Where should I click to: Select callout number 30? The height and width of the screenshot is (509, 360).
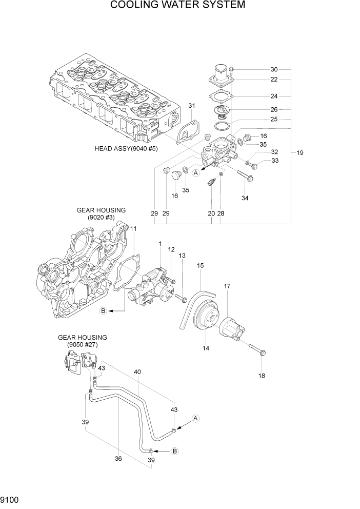click(x=274, y=69)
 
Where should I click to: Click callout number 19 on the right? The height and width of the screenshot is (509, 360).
click(x=300, y=152)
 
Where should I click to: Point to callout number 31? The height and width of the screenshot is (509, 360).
click(x=192, y=106)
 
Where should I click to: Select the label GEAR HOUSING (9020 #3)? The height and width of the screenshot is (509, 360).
click(x=101, y=213)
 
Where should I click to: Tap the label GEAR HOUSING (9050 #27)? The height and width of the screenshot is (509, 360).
click(x=82, y=341)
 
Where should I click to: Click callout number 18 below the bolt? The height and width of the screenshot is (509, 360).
click(x=262, y=375)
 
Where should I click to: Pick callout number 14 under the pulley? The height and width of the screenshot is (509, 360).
click(x=205, y=348)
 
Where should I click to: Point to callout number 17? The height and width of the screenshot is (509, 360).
click(x=227, y=286)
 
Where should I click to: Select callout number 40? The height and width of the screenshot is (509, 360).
click(x=137, y=371)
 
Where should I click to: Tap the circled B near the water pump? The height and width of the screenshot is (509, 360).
click(x=103, y=311)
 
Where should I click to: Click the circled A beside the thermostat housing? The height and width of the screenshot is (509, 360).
click(x=196, y=173)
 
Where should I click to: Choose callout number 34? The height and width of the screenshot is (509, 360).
click(x=245, y=198)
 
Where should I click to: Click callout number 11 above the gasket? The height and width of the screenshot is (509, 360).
click(x=133, y=228)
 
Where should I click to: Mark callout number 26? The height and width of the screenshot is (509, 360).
click(x=274, y=109)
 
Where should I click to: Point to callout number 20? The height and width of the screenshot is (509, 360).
click(x=211, y=213)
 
